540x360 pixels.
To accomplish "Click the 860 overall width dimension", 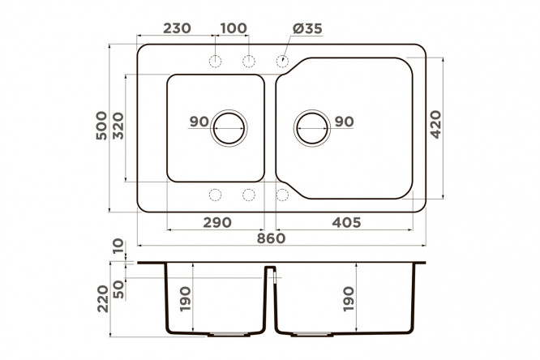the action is pos(271,238).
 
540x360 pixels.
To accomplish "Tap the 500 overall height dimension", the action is pos(101,126).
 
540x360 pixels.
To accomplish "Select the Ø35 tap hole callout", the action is pos(307,28).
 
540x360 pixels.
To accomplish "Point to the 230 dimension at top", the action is pos(177,28).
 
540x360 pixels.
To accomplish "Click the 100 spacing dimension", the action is pos(234,28).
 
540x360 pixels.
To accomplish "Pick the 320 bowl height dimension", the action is pos(118,126).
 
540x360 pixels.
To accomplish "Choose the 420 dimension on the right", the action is pos(436,124).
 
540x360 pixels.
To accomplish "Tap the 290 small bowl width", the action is pos(217,222).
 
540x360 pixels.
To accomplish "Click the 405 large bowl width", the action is pos(346,222).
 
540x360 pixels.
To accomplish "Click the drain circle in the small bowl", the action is pos(229,114).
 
